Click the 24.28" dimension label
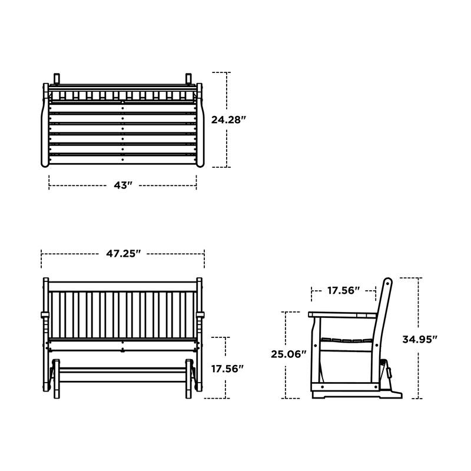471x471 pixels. [x=228, y=119]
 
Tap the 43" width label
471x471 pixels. [x=122, y=185]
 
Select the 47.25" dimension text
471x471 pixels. [x=124, y=254]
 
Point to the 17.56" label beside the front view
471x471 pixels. [x=227, y=369]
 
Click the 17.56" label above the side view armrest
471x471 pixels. [x=343, y=290]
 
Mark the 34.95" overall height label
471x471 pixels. [x=419, y=339]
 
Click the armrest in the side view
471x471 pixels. [x=341, y=315]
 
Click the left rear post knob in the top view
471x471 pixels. [x=57, y=78]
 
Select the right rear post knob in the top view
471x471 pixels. [x=188, y=78]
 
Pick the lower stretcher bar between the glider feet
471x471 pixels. [x=122, y=370]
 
